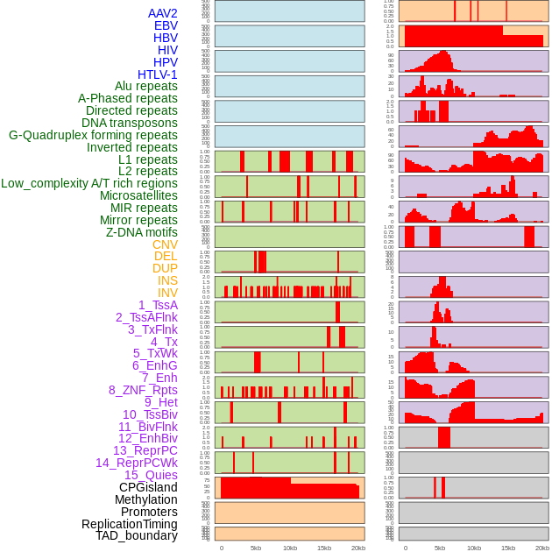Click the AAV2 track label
163,13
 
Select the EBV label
166,25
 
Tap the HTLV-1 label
158,74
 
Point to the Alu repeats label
146,86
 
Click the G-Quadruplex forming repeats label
93,135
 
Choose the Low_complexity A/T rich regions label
89,183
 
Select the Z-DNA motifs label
142,232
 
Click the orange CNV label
165,244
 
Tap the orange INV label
167,293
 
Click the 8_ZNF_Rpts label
143,390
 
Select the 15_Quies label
151,475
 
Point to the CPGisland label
148,487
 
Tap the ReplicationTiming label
130,524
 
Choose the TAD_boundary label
137,535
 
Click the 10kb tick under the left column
290,548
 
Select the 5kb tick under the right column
440,548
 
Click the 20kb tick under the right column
542,548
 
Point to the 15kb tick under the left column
324,548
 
